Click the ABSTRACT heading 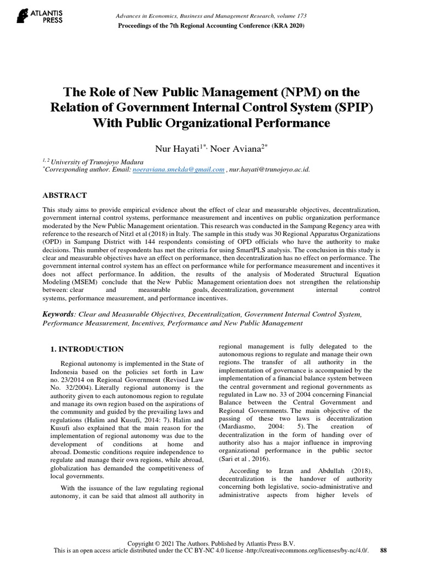[64, 195]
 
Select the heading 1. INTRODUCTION [87, 349]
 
